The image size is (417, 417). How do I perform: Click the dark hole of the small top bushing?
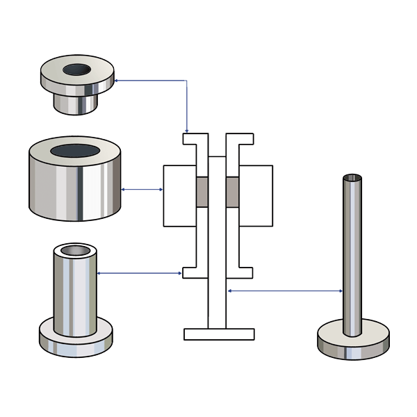[77, 69]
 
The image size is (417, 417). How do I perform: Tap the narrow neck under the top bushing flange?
[76, 104]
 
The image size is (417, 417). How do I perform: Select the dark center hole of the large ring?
[74, 151]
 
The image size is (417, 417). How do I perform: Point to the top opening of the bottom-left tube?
[75, 250]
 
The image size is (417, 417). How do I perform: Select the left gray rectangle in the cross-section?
[202, 192]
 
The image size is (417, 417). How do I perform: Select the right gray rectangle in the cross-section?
[233, 192]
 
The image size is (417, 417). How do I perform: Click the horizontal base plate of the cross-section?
[218, 334]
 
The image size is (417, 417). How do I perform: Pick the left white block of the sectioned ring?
[179, 195]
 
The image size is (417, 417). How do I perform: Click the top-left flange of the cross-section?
[195, 139]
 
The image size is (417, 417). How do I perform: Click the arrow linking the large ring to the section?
[142, 188]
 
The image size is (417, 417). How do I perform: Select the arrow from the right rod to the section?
[285, 291]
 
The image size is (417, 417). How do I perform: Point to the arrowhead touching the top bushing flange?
[117, 81]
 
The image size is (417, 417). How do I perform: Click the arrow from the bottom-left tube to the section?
[139, 273]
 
